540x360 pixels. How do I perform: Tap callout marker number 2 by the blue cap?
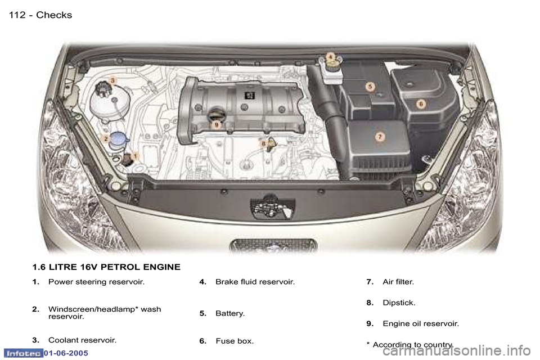pyautogui.click(x=105, y=137)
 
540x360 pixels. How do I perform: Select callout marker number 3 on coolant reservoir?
pyautogui.click(x=112, y=81)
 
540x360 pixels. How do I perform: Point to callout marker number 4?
pyautogui.click(x=331, y=56)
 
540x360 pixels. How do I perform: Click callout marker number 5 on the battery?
pyautogui.click(x=370, y=87)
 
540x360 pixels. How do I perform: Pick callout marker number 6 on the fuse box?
pyautogui.click(x=420, y=103)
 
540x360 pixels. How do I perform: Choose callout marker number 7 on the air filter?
pyautogui.click(x=380, y=137)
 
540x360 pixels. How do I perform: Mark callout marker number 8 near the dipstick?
pyautogui.click(x=263, y=144)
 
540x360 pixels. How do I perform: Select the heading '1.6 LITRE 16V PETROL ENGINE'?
pyautogui.click(x=106, y=267)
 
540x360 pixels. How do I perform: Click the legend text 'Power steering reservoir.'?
pyautogui.click(x=96, y=282)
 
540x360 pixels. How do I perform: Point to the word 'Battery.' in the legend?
pyautogui.click(x=230, y=313)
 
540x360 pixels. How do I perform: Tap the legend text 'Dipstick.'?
pyautogui.click(x=399, y=303)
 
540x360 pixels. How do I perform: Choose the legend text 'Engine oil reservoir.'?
pyautogui.click(x=420, y=324)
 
